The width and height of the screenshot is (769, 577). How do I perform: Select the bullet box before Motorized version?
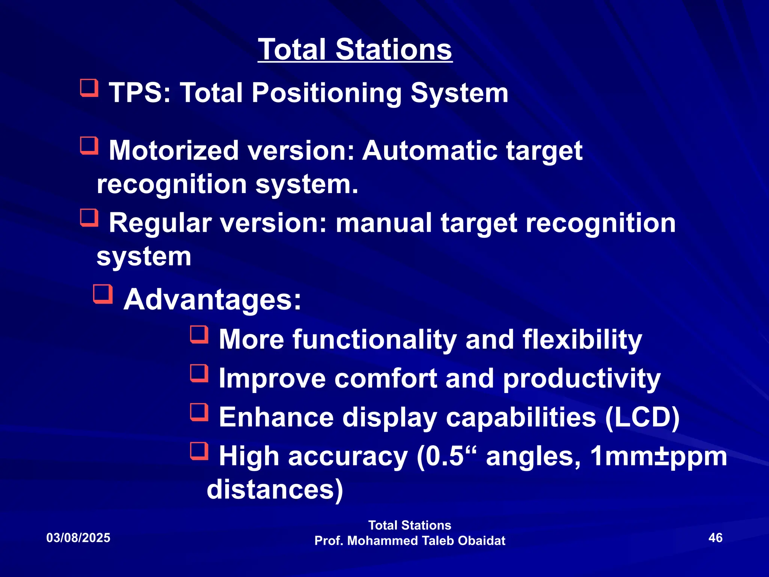[89, 146]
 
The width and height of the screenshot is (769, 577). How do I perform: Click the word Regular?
[160, 223]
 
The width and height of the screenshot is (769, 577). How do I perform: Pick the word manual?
[383, 223]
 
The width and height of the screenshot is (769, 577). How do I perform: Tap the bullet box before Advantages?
[103, 294]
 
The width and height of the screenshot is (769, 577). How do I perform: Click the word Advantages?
[213, 300]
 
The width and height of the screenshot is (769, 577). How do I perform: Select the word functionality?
[375, 340]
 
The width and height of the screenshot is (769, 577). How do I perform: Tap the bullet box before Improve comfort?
[199, 373]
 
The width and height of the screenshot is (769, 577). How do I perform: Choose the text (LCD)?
[642, 417]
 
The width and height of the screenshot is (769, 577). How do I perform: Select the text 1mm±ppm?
[658, 456]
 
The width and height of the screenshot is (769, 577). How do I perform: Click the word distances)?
[275, 489]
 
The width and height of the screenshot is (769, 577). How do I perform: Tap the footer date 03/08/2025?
[78, 538]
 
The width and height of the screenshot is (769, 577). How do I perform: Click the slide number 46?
[715, 538]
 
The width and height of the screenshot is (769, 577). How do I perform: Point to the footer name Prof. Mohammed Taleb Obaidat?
[410, 541]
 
